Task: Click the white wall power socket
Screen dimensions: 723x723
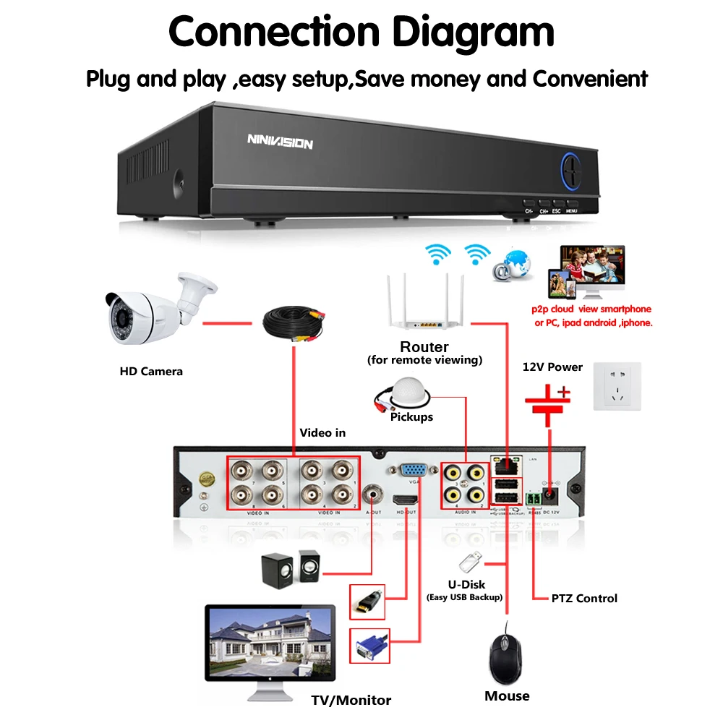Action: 617,387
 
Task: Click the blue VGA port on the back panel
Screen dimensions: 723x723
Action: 414,469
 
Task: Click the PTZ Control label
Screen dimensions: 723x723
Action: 584,598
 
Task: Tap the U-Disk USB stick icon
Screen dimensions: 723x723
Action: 469,562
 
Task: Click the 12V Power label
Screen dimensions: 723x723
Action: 552,367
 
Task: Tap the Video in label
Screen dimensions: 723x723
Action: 322,432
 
